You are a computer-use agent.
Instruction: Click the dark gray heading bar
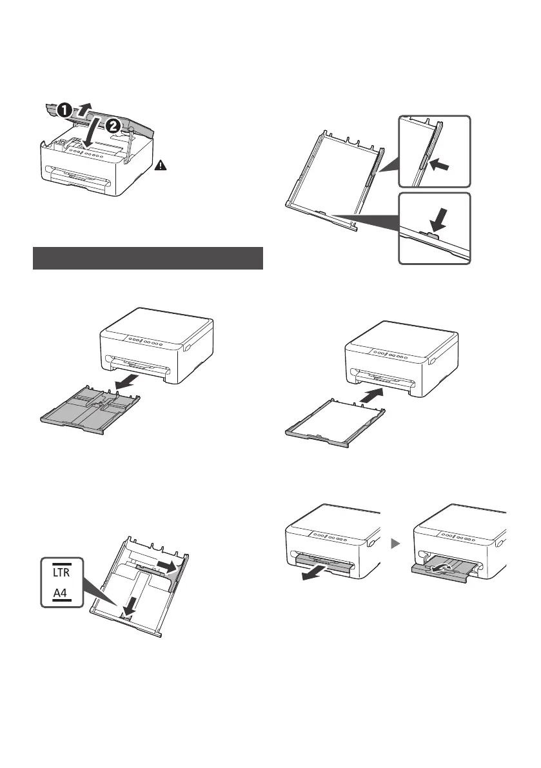click(148, 258)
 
